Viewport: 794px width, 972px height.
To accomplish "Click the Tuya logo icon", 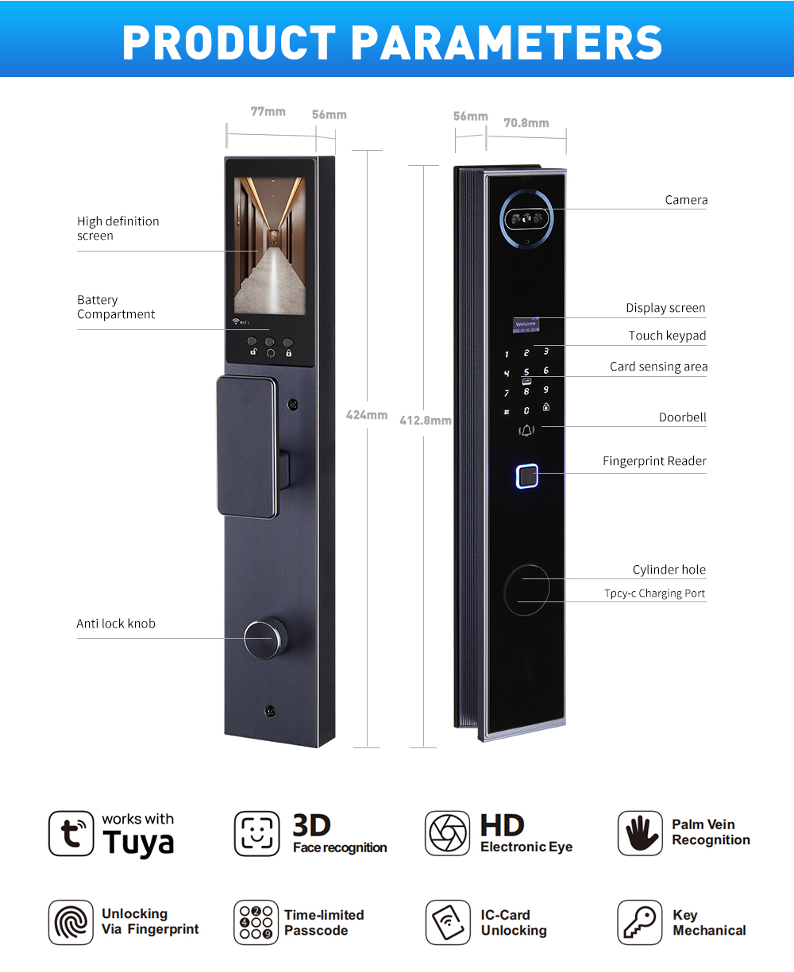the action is [71, 833].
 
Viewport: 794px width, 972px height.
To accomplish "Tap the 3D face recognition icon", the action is [256, 833].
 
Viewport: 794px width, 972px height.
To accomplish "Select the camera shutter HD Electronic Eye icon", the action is [447, 833].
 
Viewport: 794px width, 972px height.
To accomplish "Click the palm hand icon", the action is [640, 833].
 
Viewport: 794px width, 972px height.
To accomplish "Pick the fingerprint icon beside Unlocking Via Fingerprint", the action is [71, 922].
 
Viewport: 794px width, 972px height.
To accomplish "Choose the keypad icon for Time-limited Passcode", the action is [256, 922].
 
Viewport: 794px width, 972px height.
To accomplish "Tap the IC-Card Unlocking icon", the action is [448, 922].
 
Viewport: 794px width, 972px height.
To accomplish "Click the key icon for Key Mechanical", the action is [639, 922].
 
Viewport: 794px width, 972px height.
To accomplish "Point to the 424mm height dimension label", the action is [367, 415].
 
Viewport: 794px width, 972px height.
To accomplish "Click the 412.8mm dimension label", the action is [425, 421].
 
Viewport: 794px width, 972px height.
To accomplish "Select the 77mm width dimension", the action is [268, 112].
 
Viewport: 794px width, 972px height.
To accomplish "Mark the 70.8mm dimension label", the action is [526, 123].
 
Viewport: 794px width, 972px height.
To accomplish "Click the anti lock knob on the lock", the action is [264, 638].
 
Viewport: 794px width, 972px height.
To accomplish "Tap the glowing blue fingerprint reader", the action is [526, 475].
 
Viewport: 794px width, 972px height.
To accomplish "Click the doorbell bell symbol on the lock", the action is [526, 431].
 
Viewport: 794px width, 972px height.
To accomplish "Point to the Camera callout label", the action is [686, 200].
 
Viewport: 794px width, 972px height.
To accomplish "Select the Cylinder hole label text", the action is [669, 570].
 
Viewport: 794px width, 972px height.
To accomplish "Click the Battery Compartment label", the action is [116, 307].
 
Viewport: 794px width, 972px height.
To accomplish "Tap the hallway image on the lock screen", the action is [270, 246].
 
